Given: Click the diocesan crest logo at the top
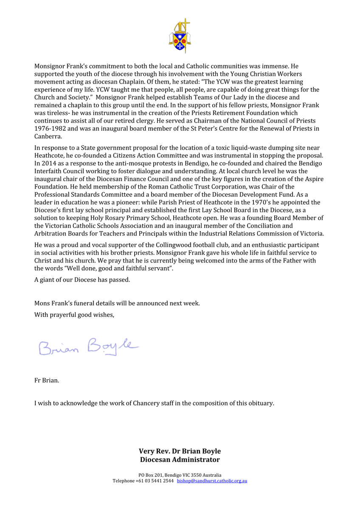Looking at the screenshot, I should [180, 36].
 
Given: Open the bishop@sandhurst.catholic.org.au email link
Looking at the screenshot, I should [212, 481].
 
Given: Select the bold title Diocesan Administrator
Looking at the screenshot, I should [180, 460].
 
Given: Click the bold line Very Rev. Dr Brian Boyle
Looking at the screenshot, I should [180, 451].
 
